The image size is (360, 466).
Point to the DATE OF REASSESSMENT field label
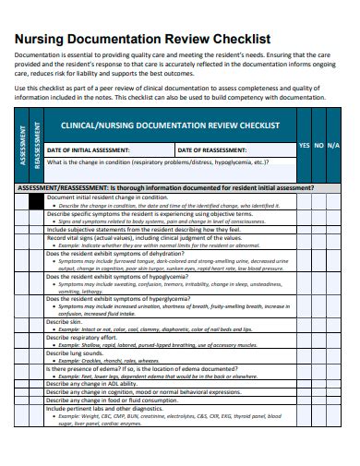pos(211,149)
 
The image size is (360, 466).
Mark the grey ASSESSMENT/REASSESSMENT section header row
pos(166,188)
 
